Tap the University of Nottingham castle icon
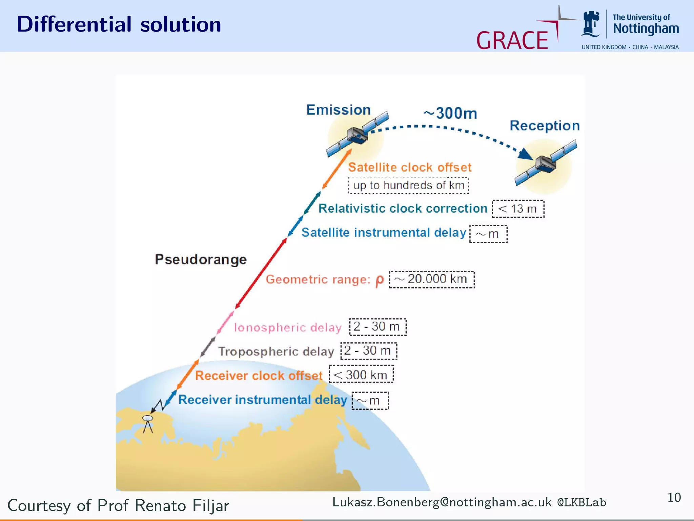591,24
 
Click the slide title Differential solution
119,24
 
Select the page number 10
674,498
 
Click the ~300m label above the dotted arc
450,113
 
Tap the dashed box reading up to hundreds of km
408,186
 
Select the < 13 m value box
518,209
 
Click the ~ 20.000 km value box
431,279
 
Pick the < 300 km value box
361,374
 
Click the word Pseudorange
201,259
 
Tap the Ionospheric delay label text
287,327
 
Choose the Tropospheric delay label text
276,351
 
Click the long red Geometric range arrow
261,273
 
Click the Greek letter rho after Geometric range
380,280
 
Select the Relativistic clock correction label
403,208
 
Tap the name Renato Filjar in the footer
182,505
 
